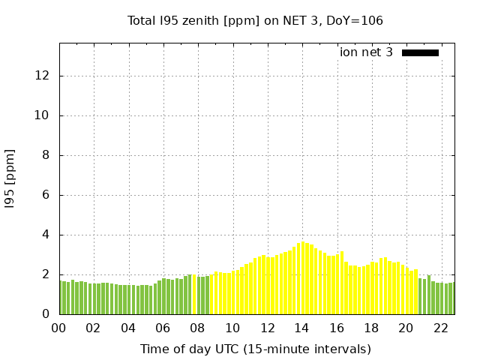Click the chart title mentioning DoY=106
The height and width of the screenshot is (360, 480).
point(255,20)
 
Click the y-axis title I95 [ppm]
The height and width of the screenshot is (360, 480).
point(10,178)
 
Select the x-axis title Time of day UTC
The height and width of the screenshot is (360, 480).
point(255,349)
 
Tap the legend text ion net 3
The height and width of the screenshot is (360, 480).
point(366,52)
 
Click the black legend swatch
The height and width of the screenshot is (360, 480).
point(420,52)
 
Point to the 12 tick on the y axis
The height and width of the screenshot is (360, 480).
point(42,76)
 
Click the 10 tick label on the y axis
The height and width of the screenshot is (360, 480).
point(42,115)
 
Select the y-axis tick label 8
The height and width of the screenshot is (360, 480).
point(46,155)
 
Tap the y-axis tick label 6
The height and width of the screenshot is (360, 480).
point(46,195)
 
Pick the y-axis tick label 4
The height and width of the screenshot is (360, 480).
point(46,235)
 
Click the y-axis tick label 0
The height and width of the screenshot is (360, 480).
point(46,314)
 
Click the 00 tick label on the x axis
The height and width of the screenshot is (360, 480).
point(58,328)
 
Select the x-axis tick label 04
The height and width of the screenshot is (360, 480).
point(128,328)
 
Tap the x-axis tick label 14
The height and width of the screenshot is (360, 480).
point(301,328)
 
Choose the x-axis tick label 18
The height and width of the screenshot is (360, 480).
point(371,328)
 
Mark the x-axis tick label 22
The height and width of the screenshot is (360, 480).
point(440,328)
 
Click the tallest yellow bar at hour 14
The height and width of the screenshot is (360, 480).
point(302,277)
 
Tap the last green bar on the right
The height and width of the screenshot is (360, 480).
point(451,298)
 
